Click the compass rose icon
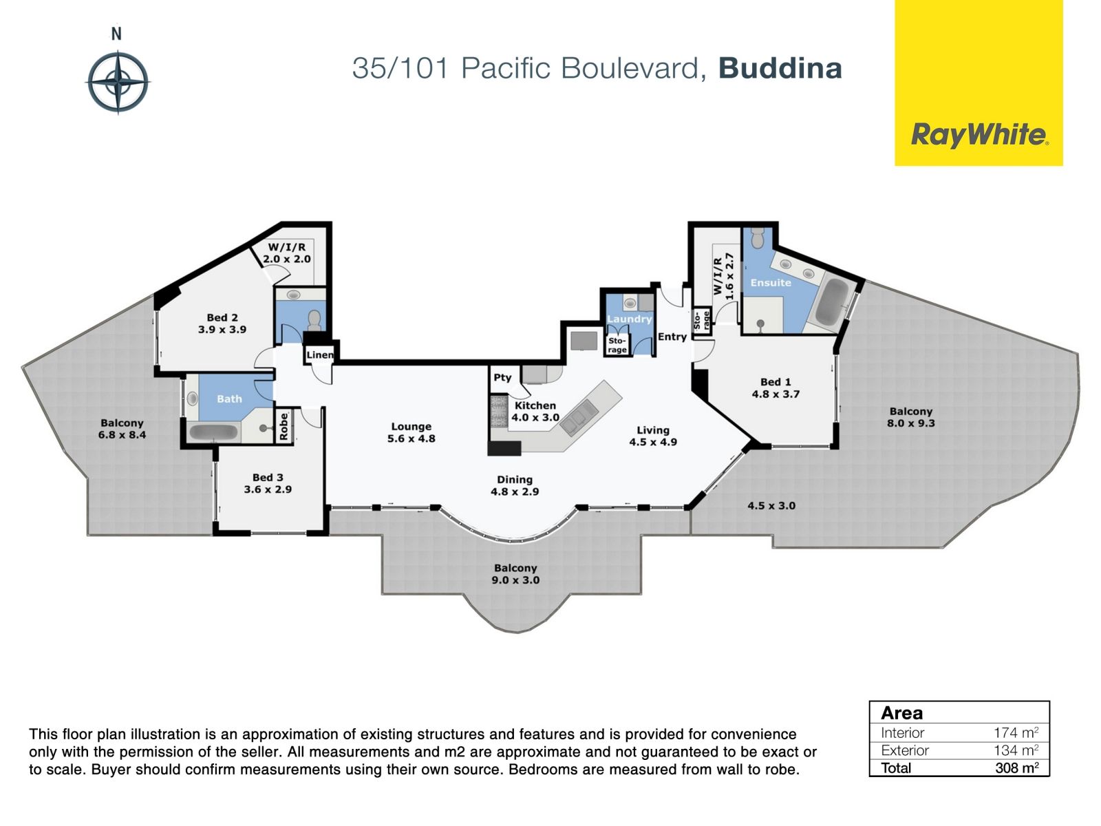[x=118, y=82]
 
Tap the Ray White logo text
[x=979, y=136]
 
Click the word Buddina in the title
[x=780, y=69]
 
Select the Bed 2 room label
[x=222, y=324]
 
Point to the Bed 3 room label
[x=268, y=483]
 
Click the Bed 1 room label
[x=776, y=388]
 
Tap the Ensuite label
[x=771, y=283]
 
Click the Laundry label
[x=630, y=319]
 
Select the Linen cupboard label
[x=319, y=355]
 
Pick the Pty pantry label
[x=502, y=378]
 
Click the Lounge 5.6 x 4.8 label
[x=411, y=432]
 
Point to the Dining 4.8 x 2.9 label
[x=515, y=485]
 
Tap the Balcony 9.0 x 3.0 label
[x=515, y=574]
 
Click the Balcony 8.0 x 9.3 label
[x=911, y=417]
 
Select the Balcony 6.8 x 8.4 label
[x=122, y=429]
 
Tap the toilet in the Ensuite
[x=758, y=237]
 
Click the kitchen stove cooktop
[x=499, y=411]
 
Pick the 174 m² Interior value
[x=1016, y=732]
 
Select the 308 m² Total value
[x=1017, y=767]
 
